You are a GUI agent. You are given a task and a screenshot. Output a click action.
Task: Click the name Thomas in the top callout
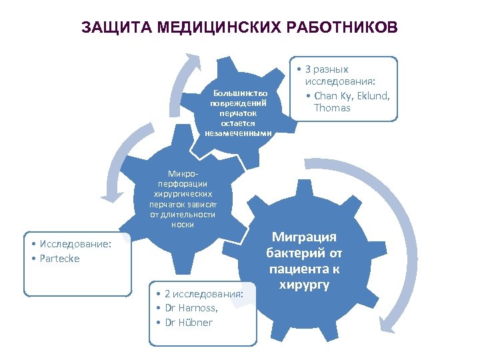pos(332,107)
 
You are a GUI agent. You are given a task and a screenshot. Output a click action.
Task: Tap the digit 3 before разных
pos(308,69)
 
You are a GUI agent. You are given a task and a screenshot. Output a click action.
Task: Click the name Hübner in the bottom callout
pos(193,322)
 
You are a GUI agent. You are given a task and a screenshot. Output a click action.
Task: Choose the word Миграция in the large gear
pos(304,238)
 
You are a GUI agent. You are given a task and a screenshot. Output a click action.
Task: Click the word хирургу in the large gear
pos(304,285)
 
